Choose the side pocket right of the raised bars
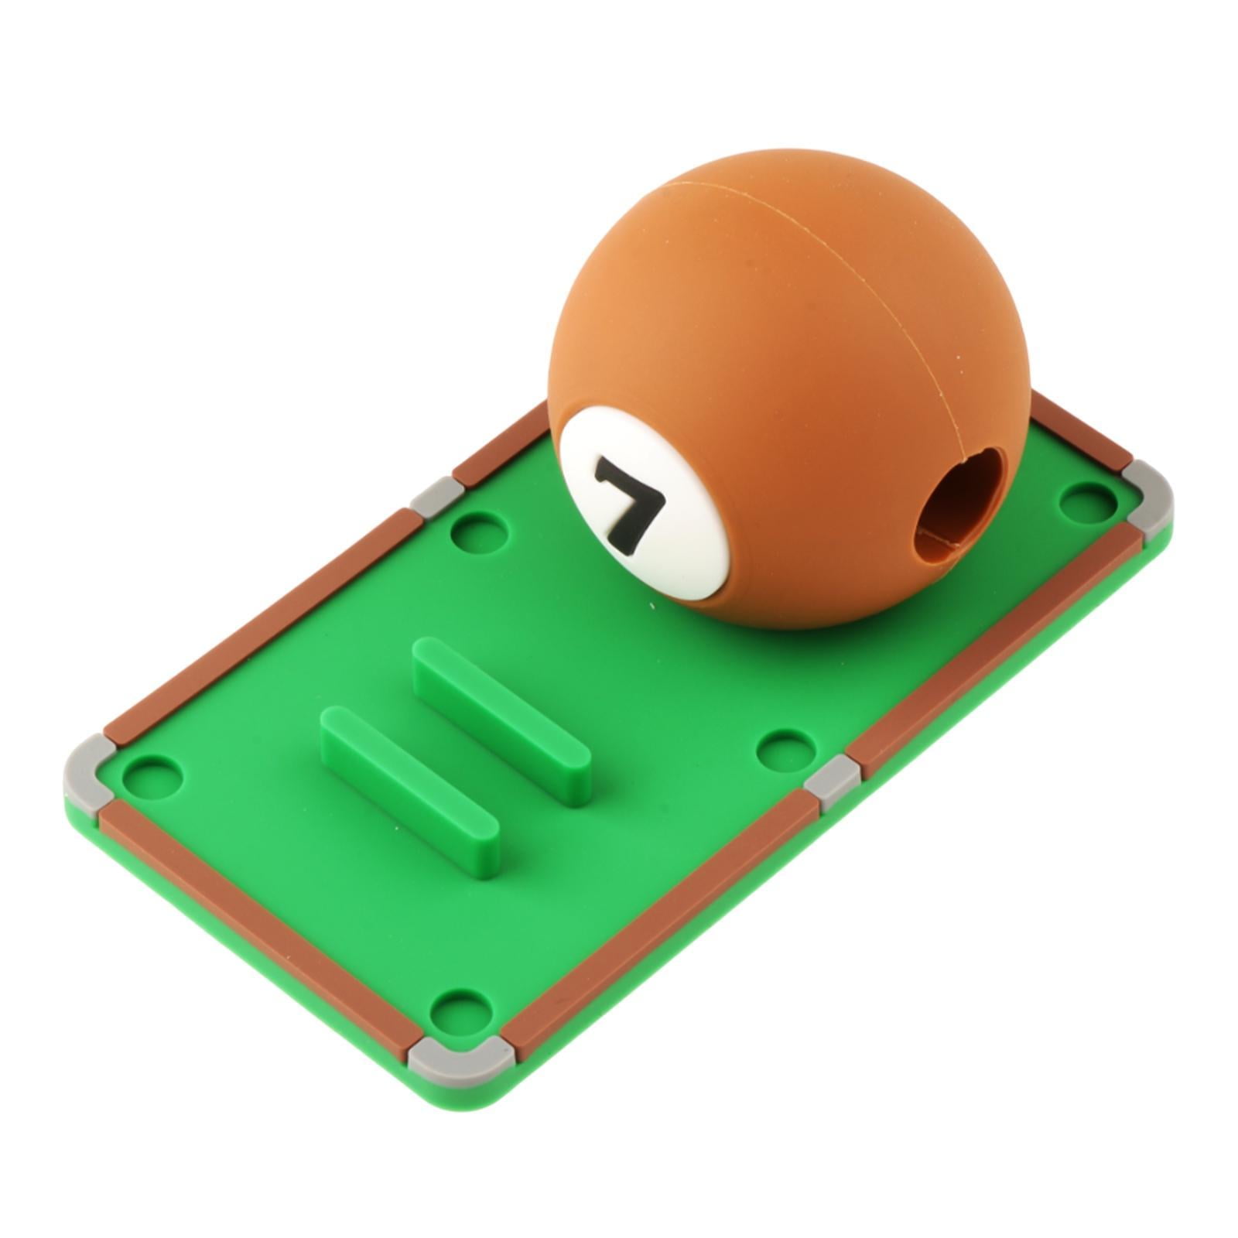[x=785, y=750]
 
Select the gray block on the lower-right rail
[x=832, y=781]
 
